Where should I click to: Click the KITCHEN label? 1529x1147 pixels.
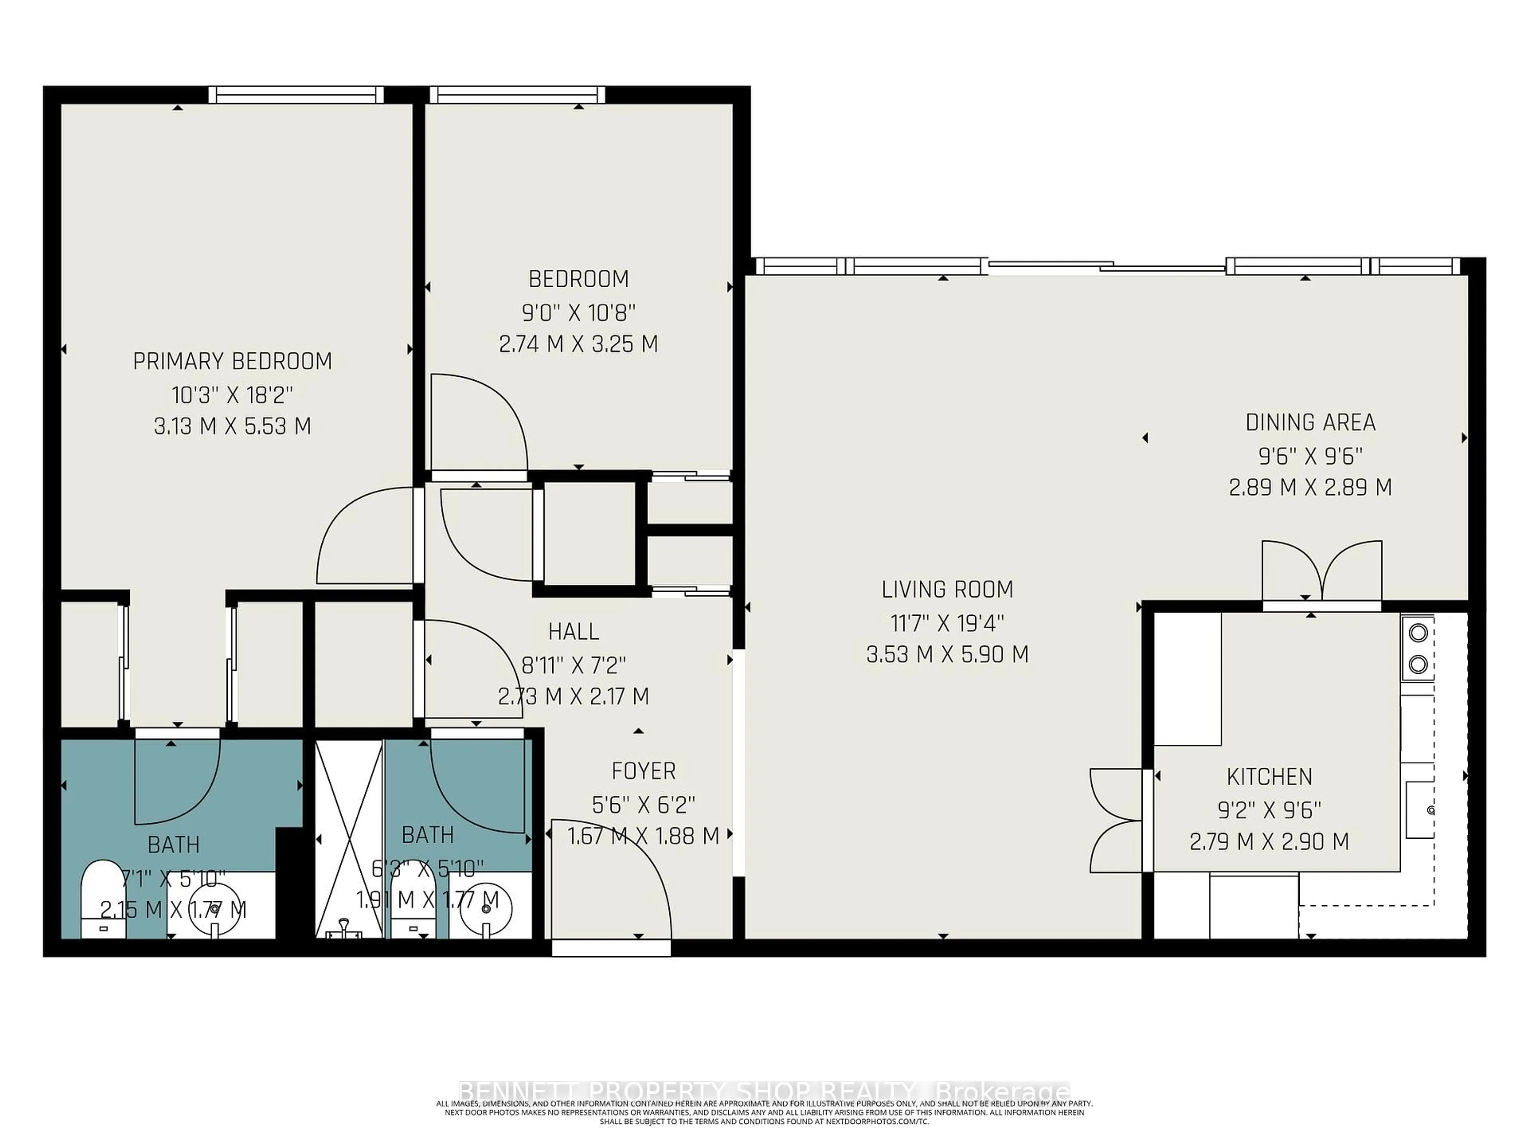[x=1269, y=777]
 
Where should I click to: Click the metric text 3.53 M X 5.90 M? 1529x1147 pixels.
[x=947, y=654]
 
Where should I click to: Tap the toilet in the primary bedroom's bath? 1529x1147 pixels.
[x=102, y=899]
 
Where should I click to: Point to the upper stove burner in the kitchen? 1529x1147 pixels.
[x=1418, y=632]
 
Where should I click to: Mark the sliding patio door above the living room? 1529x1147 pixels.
[x=1106, y=266]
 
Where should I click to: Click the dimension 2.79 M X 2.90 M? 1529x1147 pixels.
[x=1269, y=842]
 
